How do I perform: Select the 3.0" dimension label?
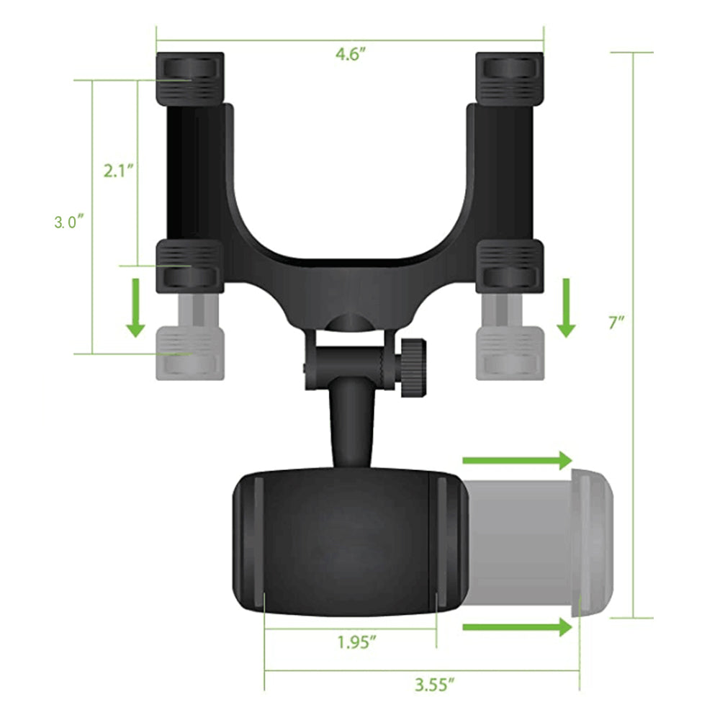click(x=70, y=222)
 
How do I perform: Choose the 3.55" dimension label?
click(x=435, y=685)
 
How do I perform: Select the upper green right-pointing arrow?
click(x=516, y=460)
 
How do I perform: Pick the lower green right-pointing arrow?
click(x=516, y=627)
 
